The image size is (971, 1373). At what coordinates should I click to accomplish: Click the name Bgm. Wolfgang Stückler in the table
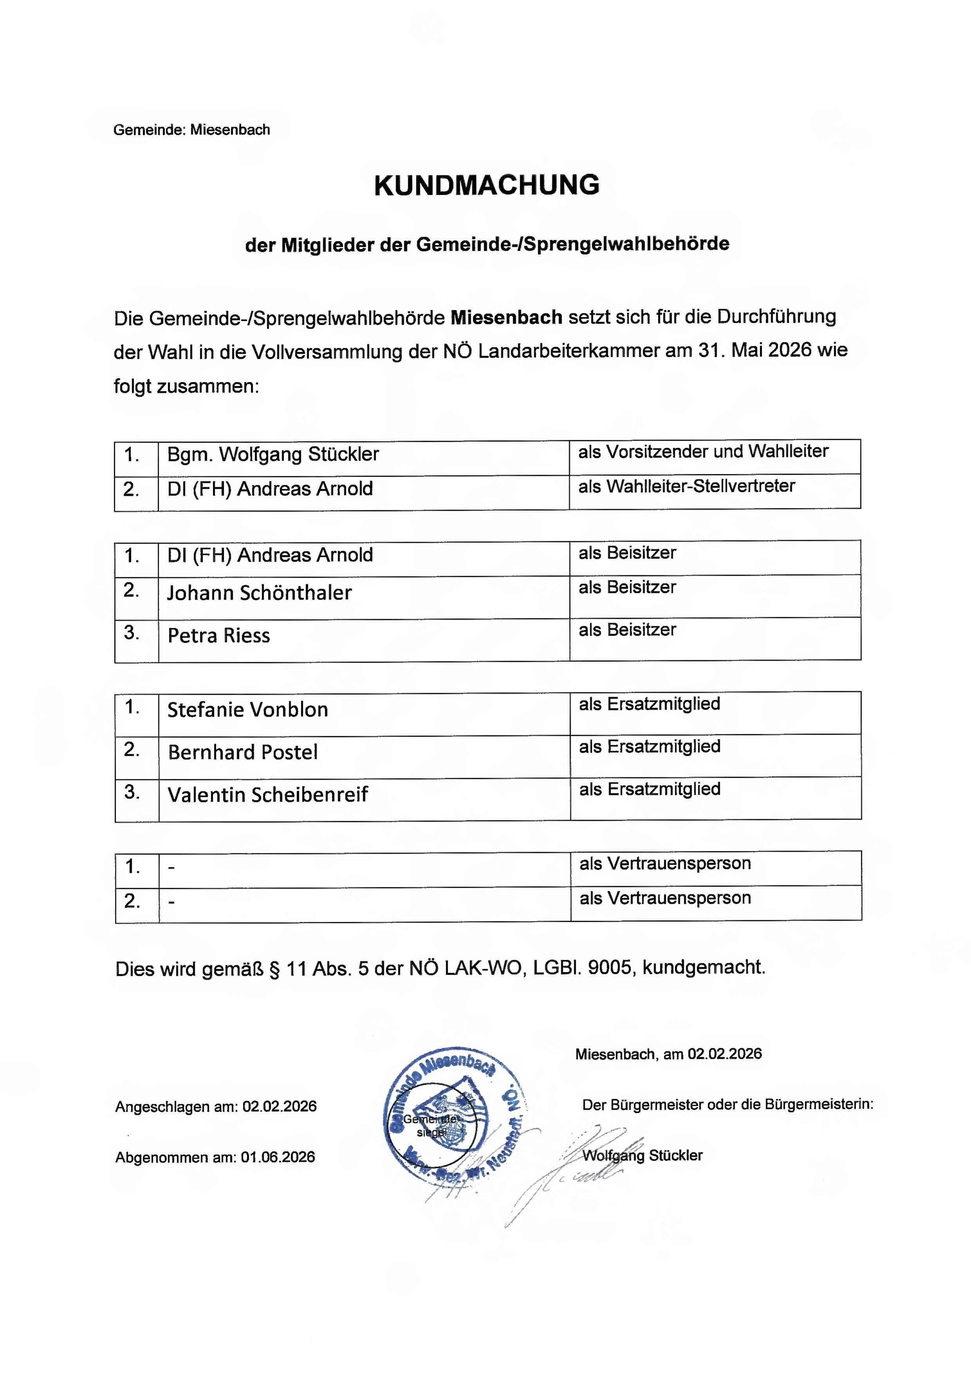(273, 454)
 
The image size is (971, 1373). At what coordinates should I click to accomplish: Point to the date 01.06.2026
(277, 1157)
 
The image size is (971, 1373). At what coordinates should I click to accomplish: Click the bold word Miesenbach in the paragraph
(506, 317)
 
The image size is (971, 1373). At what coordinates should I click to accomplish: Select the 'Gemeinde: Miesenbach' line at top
(191, 130)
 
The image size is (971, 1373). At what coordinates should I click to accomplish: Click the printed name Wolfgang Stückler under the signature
(642, 1155)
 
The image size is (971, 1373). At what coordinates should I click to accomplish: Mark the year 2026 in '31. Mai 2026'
(789, 350)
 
